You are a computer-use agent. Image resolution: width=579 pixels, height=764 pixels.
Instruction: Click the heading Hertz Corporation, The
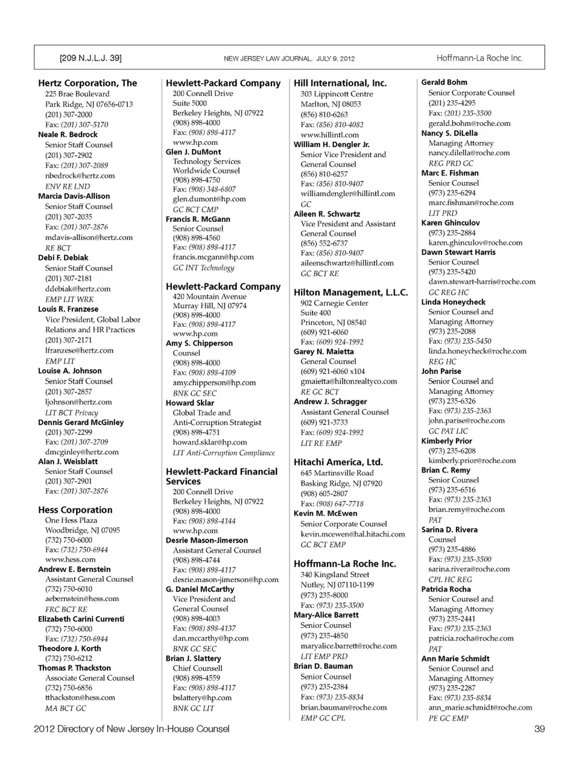pos(87,83)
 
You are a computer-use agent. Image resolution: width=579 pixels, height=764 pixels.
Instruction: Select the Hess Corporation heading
pos(75,510)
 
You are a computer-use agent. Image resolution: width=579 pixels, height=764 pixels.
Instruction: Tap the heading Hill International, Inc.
pos(340,83)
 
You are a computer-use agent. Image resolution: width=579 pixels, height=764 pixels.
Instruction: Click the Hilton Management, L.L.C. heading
pos(351,292)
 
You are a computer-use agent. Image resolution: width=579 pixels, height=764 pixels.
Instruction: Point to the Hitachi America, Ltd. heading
pos(338,463)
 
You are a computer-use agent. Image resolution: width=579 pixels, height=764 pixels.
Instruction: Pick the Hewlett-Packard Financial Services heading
pos(221,476)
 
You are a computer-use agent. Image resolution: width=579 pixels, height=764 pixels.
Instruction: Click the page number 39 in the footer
pos(539,729)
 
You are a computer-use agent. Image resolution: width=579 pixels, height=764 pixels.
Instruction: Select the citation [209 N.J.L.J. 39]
pos(90,58)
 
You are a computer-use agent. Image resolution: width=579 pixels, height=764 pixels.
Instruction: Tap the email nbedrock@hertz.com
pos(80,175)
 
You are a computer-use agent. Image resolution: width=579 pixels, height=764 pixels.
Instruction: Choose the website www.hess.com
pos(70,560)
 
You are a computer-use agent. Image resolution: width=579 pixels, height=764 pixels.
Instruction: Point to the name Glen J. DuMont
pos(194,152)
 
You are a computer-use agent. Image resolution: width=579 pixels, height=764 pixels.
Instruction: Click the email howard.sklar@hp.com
pos(210,442)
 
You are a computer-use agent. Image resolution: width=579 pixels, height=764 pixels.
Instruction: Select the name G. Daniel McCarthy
pos(200,589)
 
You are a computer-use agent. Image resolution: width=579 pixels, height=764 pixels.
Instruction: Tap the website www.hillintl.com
pos(329,135)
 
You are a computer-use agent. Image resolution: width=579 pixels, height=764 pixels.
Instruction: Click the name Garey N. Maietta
pos(324,352)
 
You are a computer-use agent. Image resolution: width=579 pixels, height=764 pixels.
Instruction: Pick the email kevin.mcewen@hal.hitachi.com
pos(353,534)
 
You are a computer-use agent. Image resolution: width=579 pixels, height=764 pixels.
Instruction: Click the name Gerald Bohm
pos(444,83)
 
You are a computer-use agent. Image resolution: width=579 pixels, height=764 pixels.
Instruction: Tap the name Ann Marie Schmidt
pos(455,659)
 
